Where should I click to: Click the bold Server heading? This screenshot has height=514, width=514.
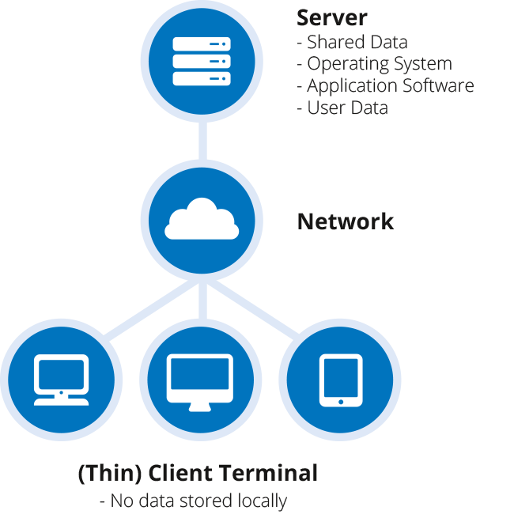point(332,17)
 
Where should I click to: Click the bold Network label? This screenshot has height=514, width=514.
point(345,221)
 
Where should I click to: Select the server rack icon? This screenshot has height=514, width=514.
point(202,61)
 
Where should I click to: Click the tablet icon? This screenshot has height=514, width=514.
point(341,380)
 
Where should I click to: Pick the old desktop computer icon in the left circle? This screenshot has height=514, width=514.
point(61,380)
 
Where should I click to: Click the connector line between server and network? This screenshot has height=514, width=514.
point(202,143)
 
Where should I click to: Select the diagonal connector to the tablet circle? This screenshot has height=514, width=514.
point(257,312)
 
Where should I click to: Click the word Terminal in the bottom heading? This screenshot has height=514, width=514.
point(272,474)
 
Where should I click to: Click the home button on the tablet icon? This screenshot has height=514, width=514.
point(341,402)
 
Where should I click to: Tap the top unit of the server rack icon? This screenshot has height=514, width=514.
point(202,43)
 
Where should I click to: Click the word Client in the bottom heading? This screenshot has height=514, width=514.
point(178,474)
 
